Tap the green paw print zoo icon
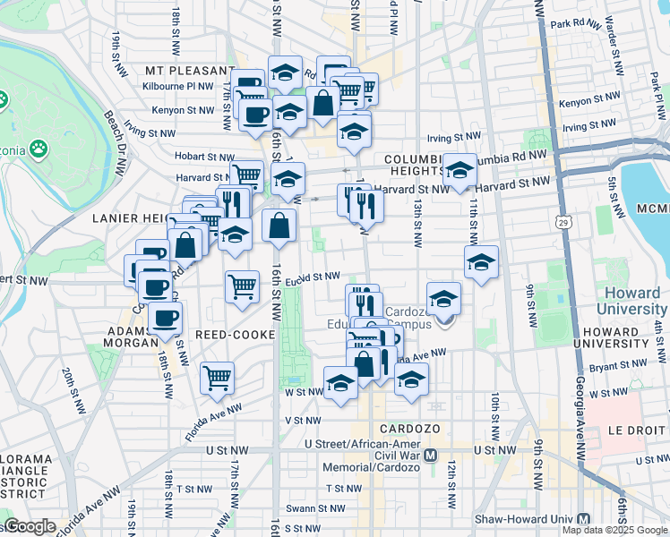click(x=39, y=148)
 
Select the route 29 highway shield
click(x=563, y=221)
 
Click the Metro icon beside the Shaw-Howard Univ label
click(x=584, y=519)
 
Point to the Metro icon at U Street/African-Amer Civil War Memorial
click(x=430, y=455)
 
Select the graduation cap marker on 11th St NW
click(x=481, y=262)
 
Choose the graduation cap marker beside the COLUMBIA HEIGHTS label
click(x=460, y=170)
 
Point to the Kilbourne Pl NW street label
click(x=178, y=87)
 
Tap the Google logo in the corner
click(x=30, y=526)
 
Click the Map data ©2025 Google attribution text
click(x=614, y=530)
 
